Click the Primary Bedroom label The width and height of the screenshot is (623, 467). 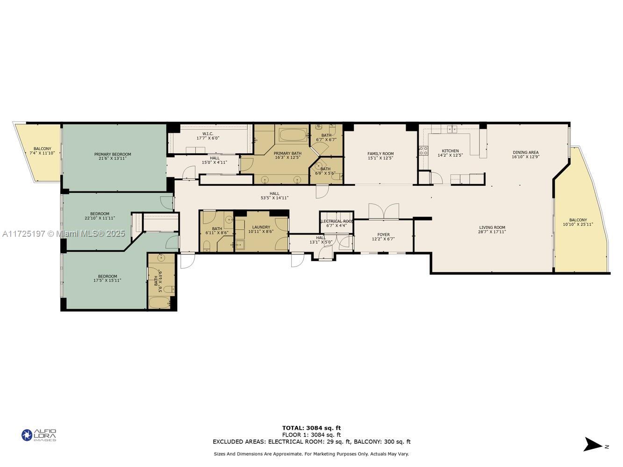(x=113, y=155)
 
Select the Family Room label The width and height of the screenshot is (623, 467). (x=380, y=154)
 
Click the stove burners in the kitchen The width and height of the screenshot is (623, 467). (x=423, y=150)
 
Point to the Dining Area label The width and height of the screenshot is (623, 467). (x=526, y=152)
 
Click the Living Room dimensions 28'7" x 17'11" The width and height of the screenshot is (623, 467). (x=492, y=232)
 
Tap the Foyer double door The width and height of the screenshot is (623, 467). (x=384, y=212)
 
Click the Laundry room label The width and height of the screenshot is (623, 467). (x=261, y=227)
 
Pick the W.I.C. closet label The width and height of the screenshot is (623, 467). (x=208, y=134)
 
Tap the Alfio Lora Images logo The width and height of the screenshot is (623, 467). (x=39, y=435)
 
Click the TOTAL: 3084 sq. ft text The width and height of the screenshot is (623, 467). (x=311, y=428)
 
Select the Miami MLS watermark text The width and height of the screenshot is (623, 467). (x=63, y=233)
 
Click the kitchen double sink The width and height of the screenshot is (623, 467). (x=452, y=129)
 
